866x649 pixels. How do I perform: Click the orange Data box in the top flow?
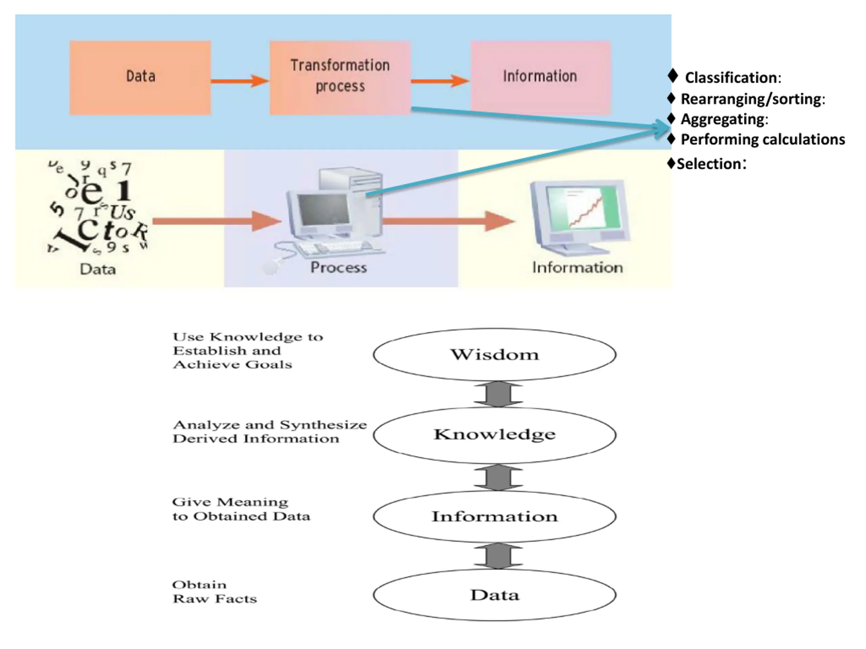[x=140, y=78]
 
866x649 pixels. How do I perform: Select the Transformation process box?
[x=340, y=78]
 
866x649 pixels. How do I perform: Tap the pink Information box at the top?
[x=540, y=78]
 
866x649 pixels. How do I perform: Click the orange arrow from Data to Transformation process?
[x=240, y=81]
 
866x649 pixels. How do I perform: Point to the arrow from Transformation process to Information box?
[x=440, y=81]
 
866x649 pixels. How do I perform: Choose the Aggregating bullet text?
[x=724, y=119]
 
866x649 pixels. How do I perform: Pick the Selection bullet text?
[x=711, y=164]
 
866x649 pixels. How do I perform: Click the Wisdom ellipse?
[x=495, y=355]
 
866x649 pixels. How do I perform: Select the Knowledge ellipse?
[x=495, y=435]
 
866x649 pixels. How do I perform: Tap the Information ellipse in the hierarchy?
[x=495, y=516]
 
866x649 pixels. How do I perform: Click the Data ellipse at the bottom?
[x=495, y=595]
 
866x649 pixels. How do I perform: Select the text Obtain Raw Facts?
[x=214, y=592]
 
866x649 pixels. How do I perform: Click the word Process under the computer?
[x=339, y=268]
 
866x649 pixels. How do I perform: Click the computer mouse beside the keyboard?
[x=270, y=268]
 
